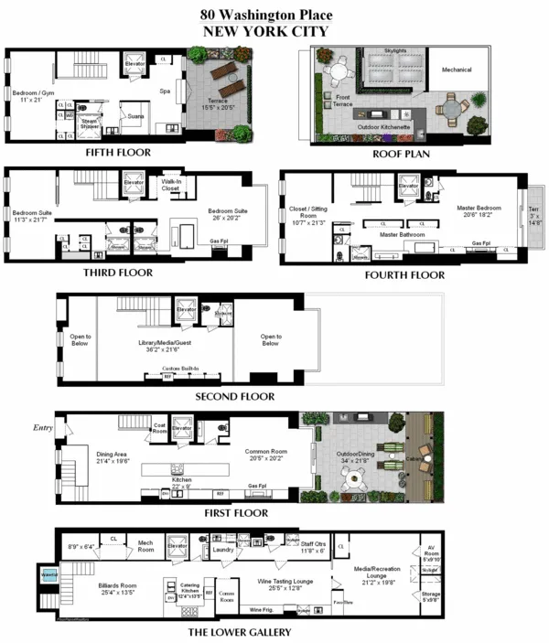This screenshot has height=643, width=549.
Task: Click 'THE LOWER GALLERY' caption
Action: (x=240, y=632)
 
